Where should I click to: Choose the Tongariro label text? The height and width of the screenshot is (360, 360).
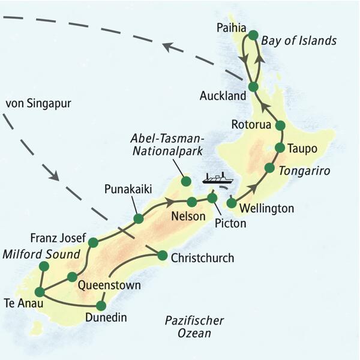point(305,171)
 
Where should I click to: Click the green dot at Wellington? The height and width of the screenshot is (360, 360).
point(231,203)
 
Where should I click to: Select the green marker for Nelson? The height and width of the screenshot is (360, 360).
point(191,202)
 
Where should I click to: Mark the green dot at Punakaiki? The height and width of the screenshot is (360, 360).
point(138,219)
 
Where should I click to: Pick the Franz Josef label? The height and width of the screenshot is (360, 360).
point(55,236)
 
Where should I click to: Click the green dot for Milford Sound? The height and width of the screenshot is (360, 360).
point(43,266)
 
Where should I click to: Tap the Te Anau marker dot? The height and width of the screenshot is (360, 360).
point(40,292)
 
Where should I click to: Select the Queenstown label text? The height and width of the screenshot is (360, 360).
point(110,285)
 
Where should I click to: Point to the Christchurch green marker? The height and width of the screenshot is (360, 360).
point(161,256)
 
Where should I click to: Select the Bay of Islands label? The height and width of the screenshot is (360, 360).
point(299,41)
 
